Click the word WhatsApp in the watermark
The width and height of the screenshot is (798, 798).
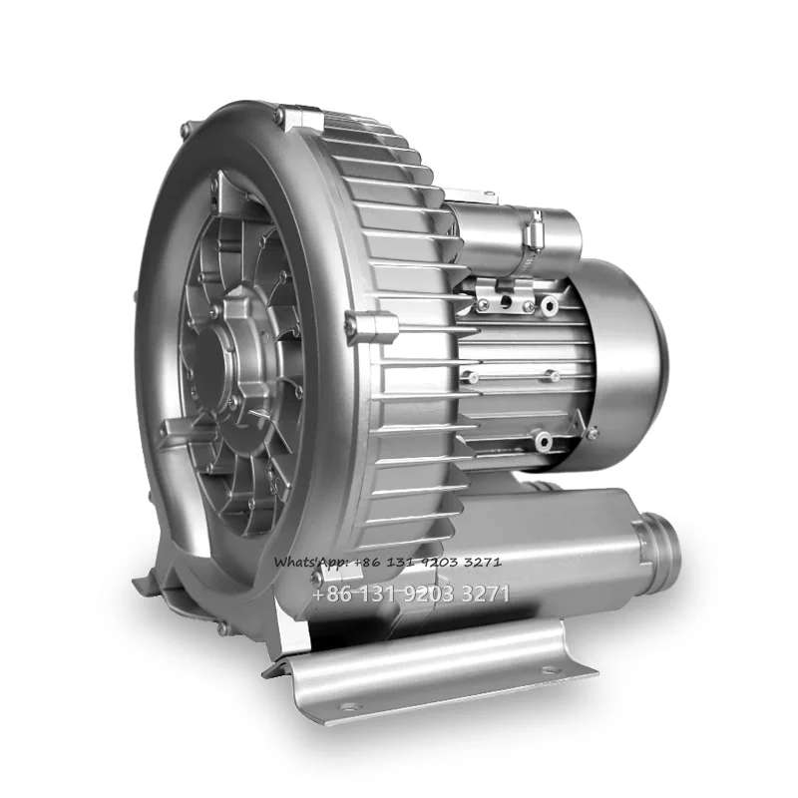click(310, 562)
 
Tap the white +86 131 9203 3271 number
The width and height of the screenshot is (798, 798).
click(411, 594)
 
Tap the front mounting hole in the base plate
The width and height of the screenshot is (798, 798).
click(348, 707)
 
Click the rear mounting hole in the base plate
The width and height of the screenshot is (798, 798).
click(552, 669)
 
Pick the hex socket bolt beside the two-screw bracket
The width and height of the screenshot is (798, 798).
click(550, 305)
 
